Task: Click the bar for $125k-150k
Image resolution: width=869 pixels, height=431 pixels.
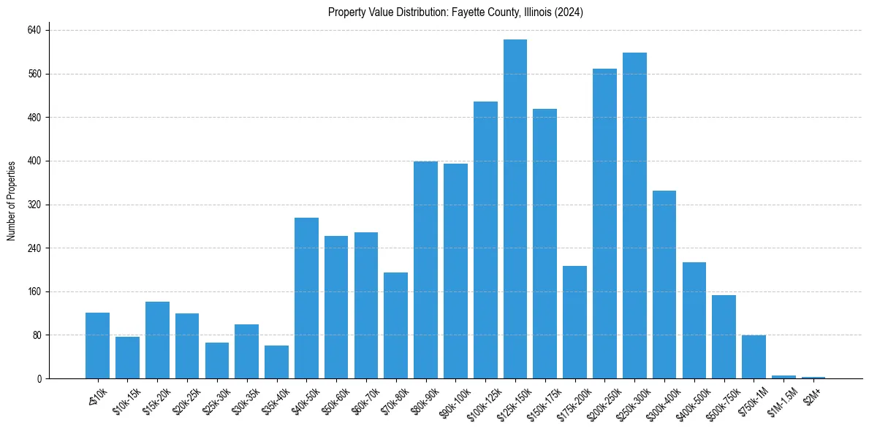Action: [515, 209]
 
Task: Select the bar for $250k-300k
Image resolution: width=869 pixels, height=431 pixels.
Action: [634, 215]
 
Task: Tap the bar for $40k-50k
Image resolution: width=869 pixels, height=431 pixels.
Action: [306, 298]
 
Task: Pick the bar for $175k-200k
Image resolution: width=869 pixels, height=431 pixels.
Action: [574, 322]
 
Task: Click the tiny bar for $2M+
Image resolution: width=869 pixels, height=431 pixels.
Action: [813, 377]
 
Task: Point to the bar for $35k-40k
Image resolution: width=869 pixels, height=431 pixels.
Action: [276, 362]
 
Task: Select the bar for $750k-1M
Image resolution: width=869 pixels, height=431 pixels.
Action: [754, 356]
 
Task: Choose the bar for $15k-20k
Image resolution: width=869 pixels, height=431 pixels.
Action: [157, 340]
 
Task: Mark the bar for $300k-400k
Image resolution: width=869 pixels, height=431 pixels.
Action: [664, 284]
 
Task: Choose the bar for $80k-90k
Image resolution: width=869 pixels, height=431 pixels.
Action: [425, 270]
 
